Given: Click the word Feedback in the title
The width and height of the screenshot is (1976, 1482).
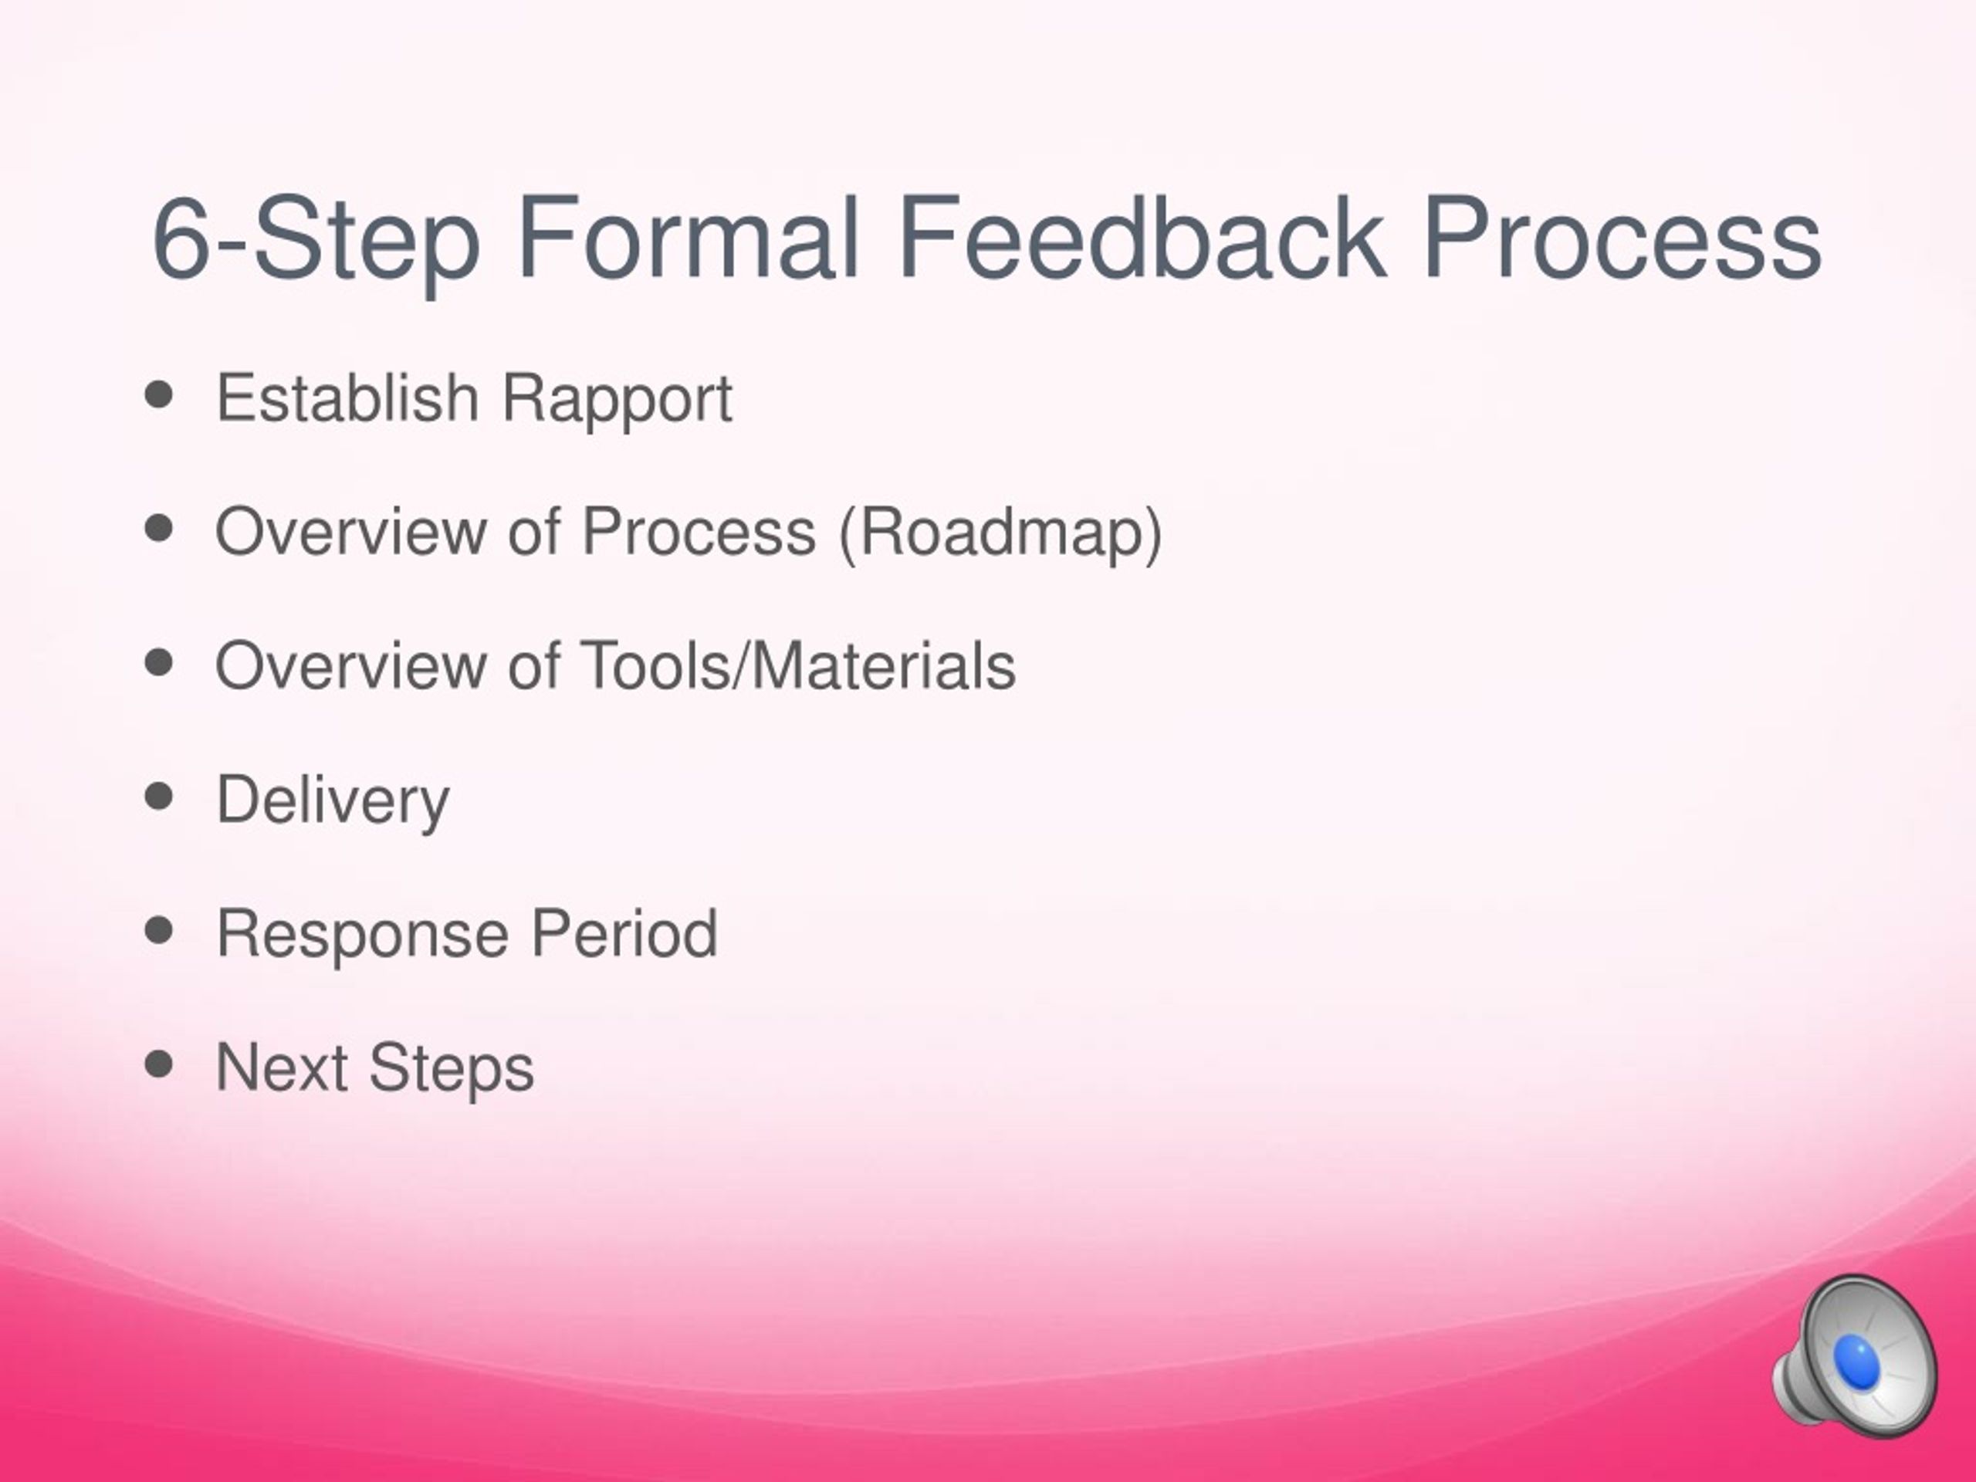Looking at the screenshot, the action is pyautogui.click(x=1142, y=238).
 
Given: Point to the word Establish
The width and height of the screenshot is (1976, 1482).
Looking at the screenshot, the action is pyautogui.click(x=347, y=398).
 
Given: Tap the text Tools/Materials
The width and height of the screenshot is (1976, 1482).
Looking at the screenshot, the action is pyautogui.click(x=797, y=665).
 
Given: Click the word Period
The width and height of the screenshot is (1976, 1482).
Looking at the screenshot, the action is pyautogui.click(x=624, y=932).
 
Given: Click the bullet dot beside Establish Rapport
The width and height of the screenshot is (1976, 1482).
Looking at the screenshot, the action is pyautogui.click(x=158, y=396).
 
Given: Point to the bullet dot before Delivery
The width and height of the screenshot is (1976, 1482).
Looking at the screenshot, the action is pyautogui.click(x=158, y=797).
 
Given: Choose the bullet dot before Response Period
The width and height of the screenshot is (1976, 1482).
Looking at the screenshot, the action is pyautogui.click(x=158, y=931).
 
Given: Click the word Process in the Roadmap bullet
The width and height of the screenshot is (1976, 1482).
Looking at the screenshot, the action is pyautogui.click(x=699, y=532).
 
